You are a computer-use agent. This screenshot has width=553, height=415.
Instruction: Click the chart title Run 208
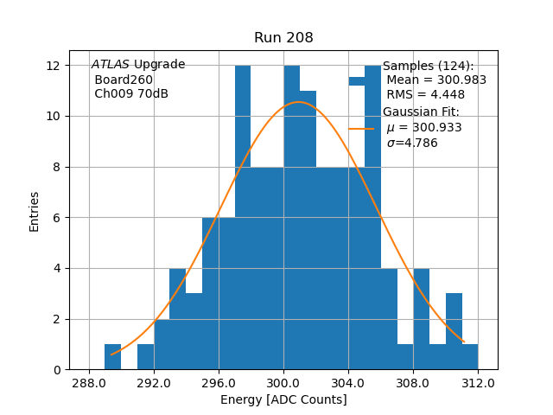283,38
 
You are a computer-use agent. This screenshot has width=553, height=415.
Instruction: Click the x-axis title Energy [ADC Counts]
283,399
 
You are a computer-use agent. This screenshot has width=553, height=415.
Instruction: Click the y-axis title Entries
35,211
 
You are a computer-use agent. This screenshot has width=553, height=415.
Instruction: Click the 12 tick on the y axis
52,66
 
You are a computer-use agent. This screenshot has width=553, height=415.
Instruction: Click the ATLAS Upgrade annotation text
138,65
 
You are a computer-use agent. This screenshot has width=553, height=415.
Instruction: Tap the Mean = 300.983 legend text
436,80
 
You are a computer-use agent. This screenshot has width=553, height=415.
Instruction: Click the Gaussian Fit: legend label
421,112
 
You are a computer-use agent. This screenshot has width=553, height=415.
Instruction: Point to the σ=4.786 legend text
412,144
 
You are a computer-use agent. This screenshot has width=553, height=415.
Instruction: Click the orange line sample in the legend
361,128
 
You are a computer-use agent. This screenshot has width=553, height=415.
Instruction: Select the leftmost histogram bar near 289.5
113,357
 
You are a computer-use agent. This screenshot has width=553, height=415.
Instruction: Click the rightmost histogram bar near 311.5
469,357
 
